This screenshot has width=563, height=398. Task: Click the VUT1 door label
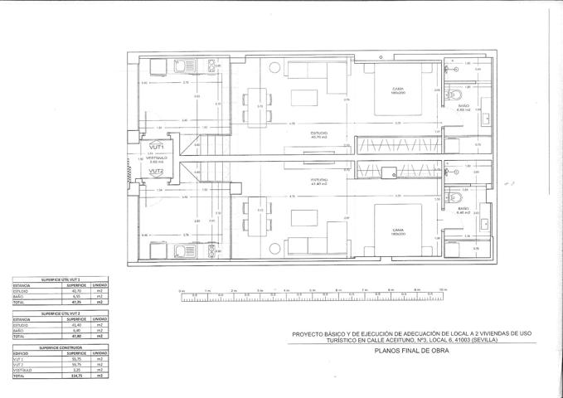157,147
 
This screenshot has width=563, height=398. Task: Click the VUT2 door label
157,172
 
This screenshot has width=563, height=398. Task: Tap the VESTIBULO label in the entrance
157,157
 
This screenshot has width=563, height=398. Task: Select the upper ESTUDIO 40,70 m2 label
318,135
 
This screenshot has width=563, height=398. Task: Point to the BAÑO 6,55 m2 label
464,108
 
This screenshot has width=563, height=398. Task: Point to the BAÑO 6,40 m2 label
464,211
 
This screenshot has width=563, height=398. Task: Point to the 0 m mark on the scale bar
182,291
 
